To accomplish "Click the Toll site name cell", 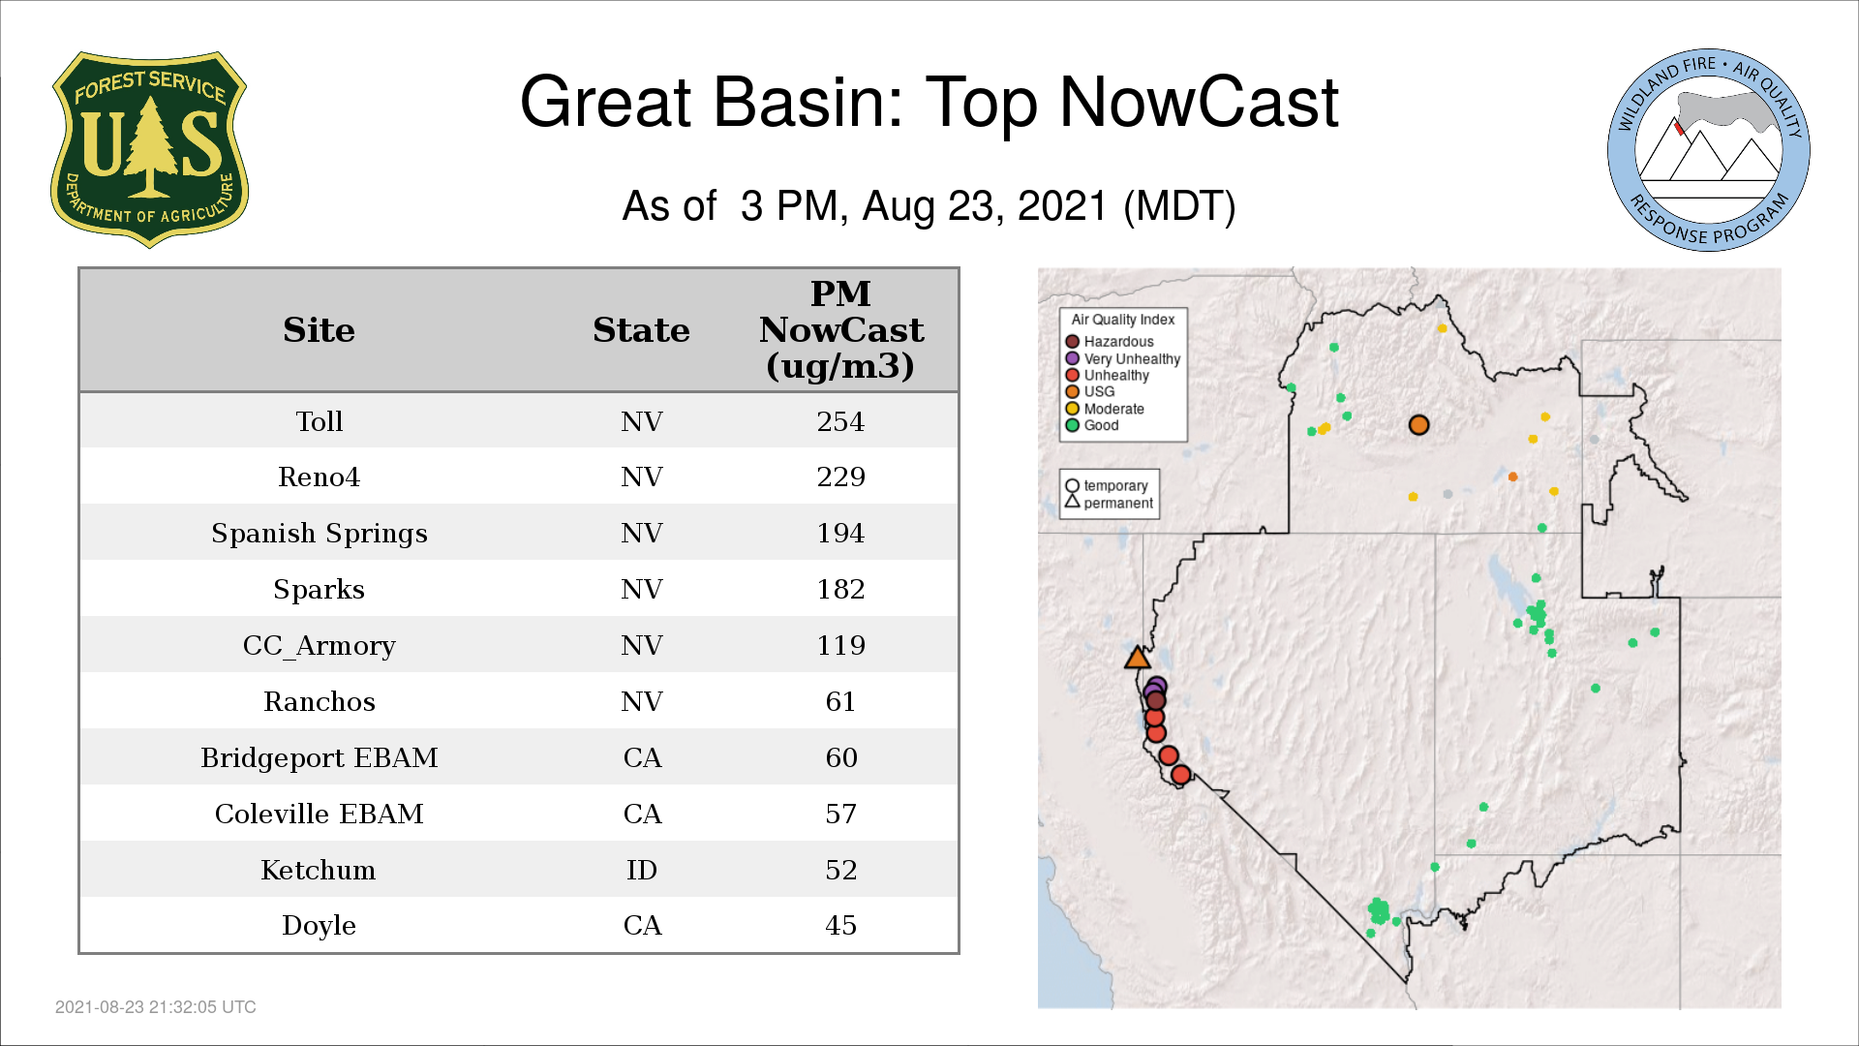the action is coord(319,421).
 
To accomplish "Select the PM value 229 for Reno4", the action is coord(840,477).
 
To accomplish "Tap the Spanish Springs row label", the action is coord(319,534).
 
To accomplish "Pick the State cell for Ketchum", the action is coord(641,870).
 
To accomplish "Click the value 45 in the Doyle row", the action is coord(840,925).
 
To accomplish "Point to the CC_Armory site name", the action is coord(319,646).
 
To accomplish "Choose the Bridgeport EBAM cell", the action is coord(319,757).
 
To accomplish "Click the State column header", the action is coord(641,330).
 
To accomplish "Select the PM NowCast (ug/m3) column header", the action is coord(840,330).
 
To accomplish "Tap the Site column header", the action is coord(319,330).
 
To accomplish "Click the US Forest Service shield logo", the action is coord(149,149).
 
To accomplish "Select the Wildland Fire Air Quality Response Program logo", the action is coord(1709,150).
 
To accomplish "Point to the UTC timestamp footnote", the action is coord(156,1007).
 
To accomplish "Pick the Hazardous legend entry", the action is coord(1110,342).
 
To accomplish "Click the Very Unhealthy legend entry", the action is coord(1123,358).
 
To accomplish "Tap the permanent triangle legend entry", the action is coord(1110,503).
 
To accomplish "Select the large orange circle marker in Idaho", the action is coord(1418,425).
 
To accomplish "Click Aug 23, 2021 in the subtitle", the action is coord(985,206).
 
